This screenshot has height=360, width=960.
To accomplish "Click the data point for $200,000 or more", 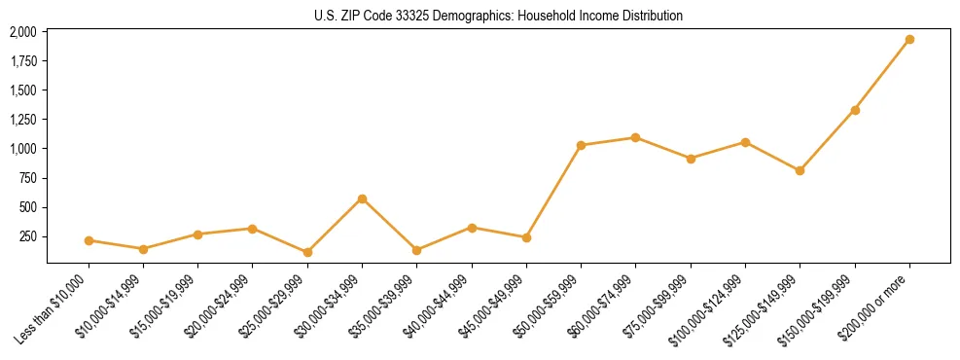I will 909,40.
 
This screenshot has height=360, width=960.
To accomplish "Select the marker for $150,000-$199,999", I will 855,110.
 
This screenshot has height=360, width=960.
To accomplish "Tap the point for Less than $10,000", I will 89,240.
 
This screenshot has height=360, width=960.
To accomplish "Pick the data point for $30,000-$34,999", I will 362,198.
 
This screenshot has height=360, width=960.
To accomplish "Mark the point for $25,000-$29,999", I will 307,252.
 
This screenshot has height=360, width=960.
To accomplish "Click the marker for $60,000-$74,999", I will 636,137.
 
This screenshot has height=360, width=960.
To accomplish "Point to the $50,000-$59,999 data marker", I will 581,145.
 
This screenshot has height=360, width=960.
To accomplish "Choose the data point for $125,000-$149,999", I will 800,170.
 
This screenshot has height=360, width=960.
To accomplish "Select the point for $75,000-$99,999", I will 691,159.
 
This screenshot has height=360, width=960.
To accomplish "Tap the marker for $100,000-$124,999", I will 745,142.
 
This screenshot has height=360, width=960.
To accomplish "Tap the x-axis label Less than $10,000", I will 54,306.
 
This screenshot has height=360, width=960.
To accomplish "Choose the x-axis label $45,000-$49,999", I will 492,306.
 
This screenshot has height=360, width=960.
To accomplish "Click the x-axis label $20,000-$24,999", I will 219,306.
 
